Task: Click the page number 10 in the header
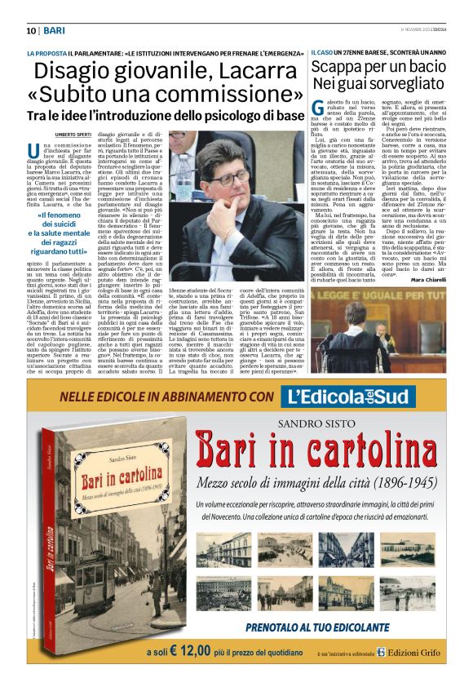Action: pyautogui.click(x=31, y=30)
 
